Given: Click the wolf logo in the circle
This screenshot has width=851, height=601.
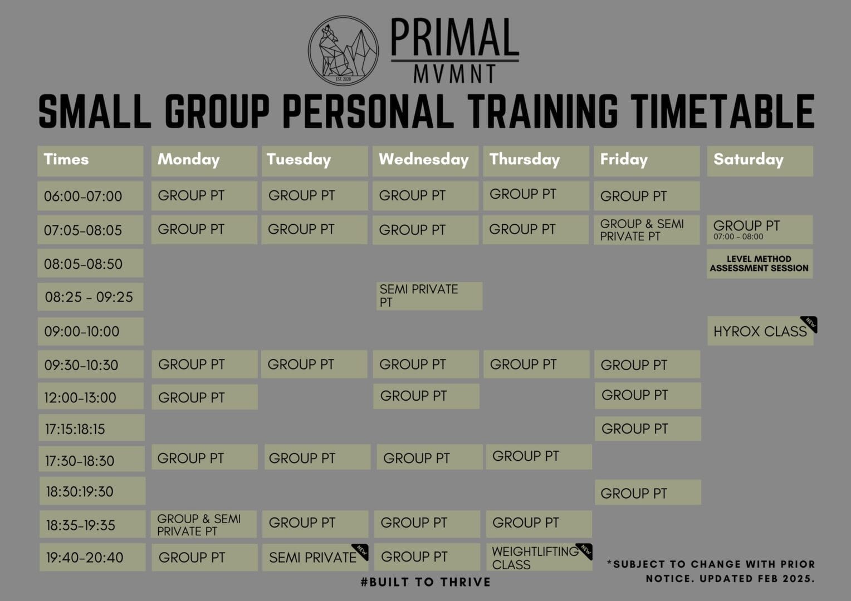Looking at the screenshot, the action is pyautogui.click(x=343, y=51).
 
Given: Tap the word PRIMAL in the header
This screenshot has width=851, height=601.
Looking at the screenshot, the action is pyautogui.click(x=455, y=38).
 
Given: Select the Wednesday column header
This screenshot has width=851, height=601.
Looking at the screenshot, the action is pyautogui.click(x=425, y=161).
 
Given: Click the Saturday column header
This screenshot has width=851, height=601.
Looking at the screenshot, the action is pyautogui.click(x=760, y=161).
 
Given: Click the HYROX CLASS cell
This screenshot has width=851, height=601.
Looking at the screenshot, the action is pyautogui.click(x=760, y=331).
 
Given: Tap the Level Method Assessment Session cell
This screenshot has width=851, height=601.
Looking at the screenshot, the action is pyautogui.click(x=760, y=264).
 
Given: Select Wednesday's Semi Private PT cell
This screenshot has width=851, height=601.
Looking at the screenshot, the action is pyautogui.click(x=429, y=296).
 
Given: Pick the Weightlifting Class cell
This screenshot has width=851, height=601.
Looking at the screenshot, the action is pyautogui.click(x=539, y=557).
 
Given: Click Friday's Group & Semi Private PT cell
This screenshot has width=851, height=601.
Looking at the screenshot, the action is pyautogui.click(x=647, y=230).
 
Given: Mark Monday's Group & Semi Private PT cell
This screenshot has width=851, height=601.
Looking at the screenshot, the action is pyautogui.click(x=204, y=524).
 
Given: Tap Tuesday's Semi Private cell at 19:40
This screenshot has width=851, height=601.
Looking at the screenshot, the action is pyautogui.click(x=315, y=558).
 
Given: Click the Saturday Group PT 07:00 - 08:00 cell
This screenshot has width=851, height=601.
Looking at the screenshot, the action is pyautogui.click(x=760, y=230).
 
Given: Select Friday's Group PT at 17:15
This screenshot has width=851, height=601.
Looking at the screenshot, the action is pyautogui.click(x=648, y=428).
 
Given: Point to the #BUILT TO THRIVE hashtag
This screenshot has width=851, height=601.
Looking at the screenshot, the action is pyautogui.click(x=425, y=582).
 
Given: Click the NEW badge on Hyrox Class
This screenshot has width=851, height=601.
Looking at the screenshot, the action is pyautogui.click(x=810, y=324).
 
